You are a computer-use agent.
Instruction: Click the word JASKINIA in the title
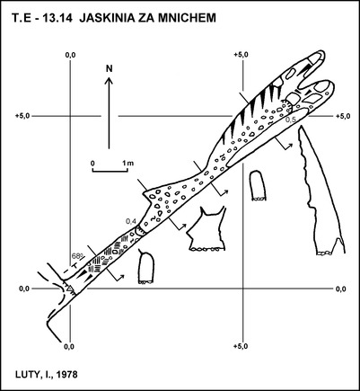(108, 18)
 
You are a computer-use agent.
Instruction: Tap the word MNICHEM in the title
(187, 18)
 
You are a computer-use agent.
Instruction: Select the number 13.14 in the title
(57, 18)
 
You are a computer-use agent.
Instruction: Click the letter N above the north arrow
(110, 68)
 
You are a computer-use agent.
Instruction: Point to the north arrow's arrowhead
(109, 80)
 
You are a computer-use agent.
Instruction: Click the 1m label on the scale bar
(128, 164)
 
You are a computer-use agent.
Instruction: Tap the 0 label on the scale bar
(92, 164)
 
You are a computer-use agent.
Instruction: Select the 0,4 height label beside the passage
(131, 221)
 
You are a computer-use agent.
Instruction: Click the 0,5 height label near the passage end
(290, 120)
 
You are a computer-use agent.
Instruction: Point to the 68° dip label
(77, 256)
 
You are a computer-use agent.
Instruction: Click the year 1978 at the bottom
(66, 375)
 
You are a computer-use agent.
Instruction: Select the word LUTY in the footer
(26, 375)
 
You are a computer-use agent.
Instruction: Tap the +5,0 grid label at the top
(241, 55)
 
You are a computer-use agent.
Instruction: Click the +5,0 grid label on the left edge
(22, 116)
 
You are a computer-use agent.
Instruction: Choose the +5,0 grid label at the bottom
(241, 346)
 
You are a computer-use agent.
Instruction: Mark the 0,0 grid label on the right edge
(341, 289)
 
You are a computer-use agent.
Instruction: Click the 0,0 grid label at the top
(70, 55)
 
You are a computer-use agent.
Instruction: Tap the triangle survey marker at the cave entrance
(69, 289)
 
